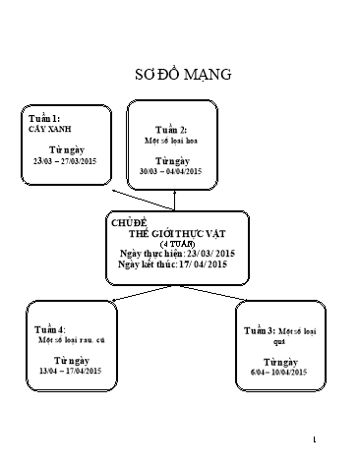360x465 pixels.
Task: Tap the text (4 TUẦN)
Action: tap(177, 243)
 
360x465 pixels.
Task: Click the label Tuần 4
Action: tap(49, 327)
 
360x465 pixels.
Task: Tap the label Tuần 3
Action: tap(260, 333)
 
